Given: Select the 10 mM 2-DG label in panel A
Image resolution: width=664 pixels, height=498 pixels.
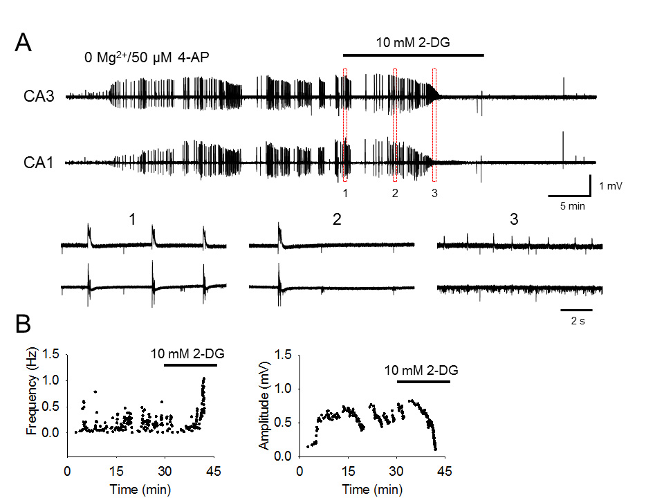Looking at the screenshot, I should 413,43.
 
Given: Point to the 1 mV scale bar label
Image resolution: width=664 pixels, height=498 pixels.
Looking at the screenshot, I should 612,185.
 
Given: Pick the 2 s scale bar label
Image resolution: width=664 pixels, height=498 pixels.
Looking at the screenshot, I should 576,321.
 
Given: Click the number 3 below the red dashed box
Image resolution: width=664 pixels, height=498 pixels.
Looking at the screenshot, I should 434,193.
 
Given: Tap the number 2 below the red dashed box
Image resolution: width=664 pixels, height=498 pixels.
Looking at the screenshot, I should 395,193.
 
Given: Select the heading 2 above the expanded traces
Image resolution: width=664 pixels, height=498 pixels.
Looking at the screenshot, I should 335,220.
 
